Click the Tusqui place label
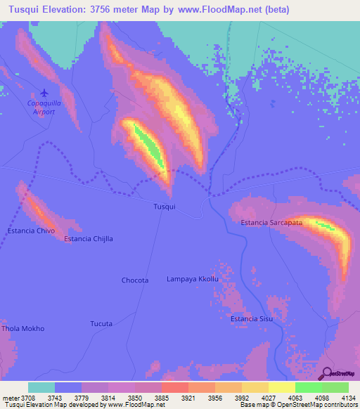164,207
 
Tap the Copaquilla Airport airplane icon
45,92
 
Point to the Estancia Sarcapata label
271,223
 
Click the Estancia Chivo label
31,231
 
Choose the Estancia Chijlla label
89,239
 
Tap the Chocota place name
135,280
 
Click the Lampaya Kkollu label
193,279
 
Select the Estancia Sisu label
252,319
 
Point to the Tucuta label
101,324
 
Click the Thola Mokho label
23,328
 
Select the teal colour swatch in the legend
41,387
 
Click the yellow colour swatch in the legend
282,387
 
